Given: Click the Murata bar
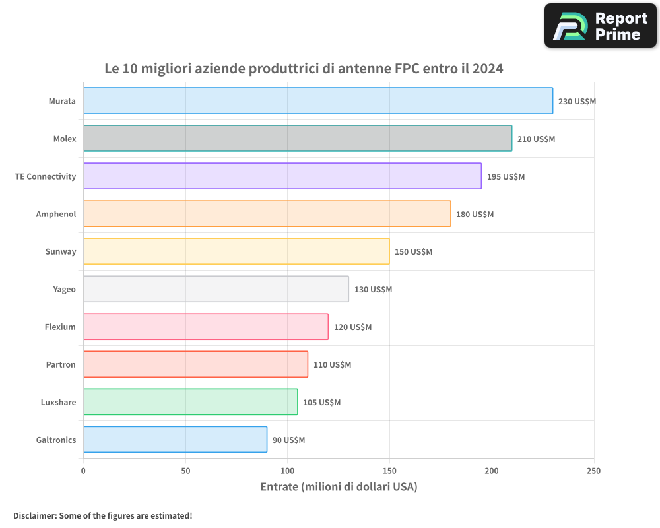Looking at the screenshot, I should pyautogui.click(x=317, y=101).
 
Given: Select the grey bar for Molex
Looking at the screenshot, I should pyautogui.click(x=297, y=139).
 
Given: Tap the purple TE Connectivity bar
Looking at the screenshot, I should pyautogui.click(x=282, y=176).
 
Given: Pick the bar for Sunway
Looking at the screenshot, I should pyautogui.click(x=236, y=251).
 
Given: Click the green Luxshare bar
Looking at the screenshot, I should pyautogui.click(x=190, y=402).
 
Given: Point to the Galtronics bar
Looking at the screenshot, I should pyautogui.click(x=175, y=440).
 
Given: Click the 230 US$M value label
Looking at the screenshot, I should pyautogui.click(x=577, y=102).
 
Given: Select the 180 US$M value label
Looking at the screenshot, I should pyautogui.click(x=475, y=214).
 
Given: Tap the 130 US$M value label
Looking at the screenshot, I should pyautogui.click(x=373, y=290).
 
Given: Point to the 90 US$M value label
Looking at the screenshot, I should pyautogui.click(x=288, y=440).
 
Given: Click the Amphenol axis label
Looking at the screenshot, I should pyautogui.click(x=56, y=214).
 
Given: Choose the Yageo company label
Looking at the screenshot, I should pyautogui.click(x=64, y=289).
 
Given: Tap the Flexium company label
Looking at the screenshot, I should pyautogui.click(x=60, y=327).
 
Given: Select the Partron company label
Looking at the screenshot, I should pyautogui.click(x=61, y=364).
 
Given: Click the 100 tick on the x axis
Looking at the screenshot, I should pyautogui.click(x=287, y=471).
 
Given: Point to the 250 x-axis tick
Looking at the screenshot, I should pyautogui.click(x=593, y=471).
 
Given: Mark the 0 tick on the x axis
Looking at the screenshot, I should pyautogui.click(x=83, y=471).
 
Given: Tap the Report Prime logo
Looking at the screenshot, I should pyautogui.click(x=600, y=25).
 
